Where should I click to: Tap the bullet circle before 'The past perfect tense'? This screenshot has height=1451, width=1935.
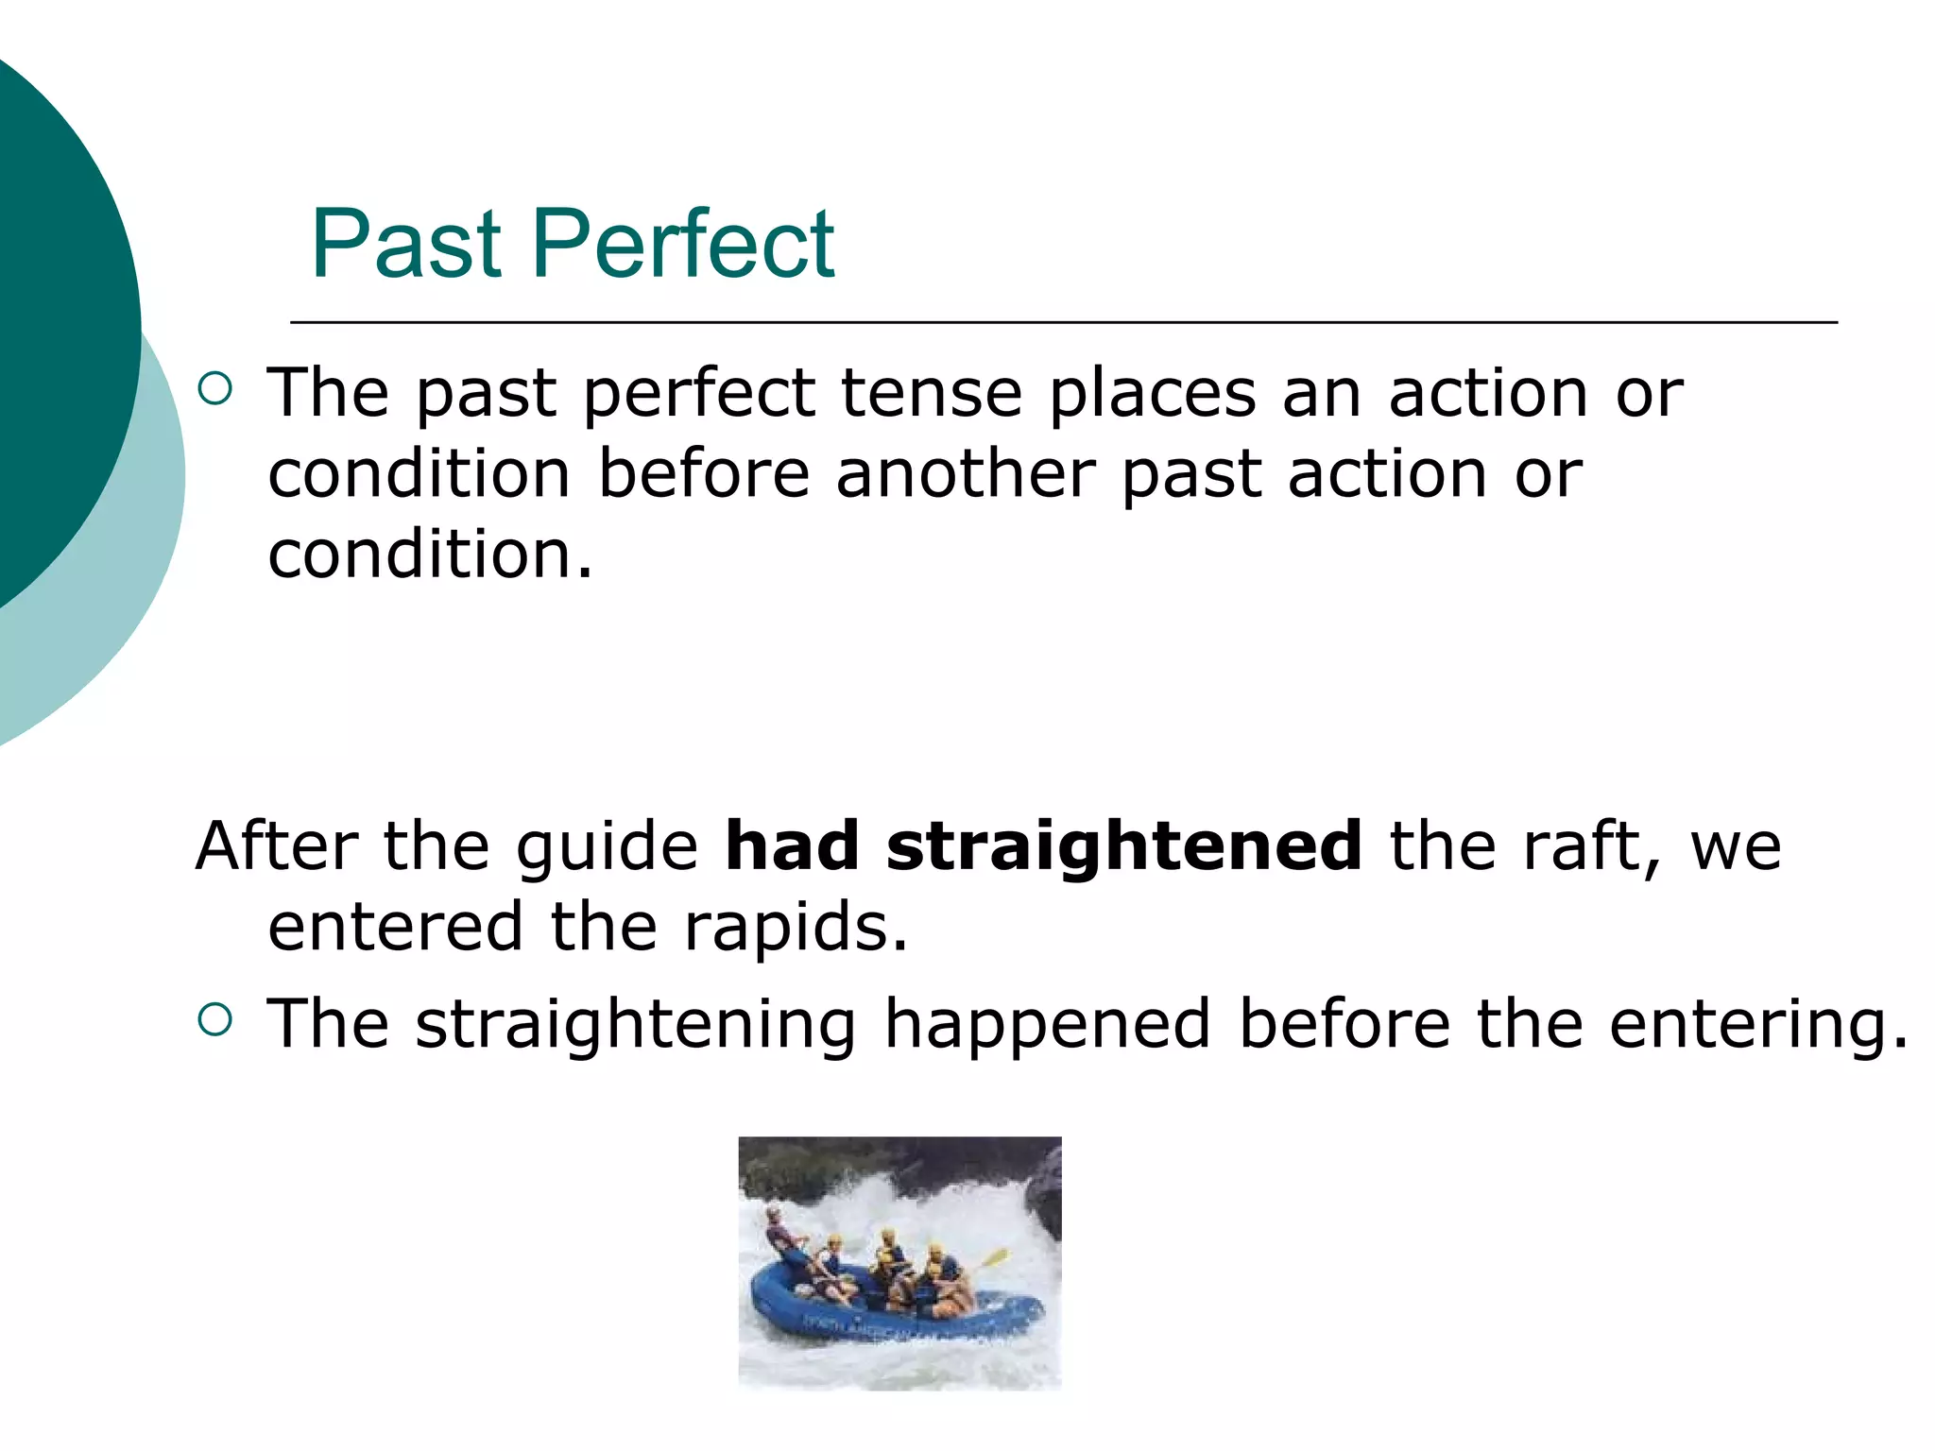coord(215,389)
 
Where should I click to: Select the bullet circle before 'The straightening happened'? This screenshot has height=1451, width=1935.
coord(215,1019)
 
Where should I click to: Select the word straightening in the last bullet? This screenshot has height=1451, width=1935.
coord(636,1025)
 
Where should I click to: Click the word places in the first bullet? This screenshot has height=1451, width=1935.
coord(1152,394)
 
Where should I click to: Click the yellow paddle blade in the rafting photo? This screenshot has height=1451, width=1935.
coord(995,1257)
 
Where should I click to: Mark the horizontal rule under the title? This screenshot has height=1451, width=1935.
coord(1063,322)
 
